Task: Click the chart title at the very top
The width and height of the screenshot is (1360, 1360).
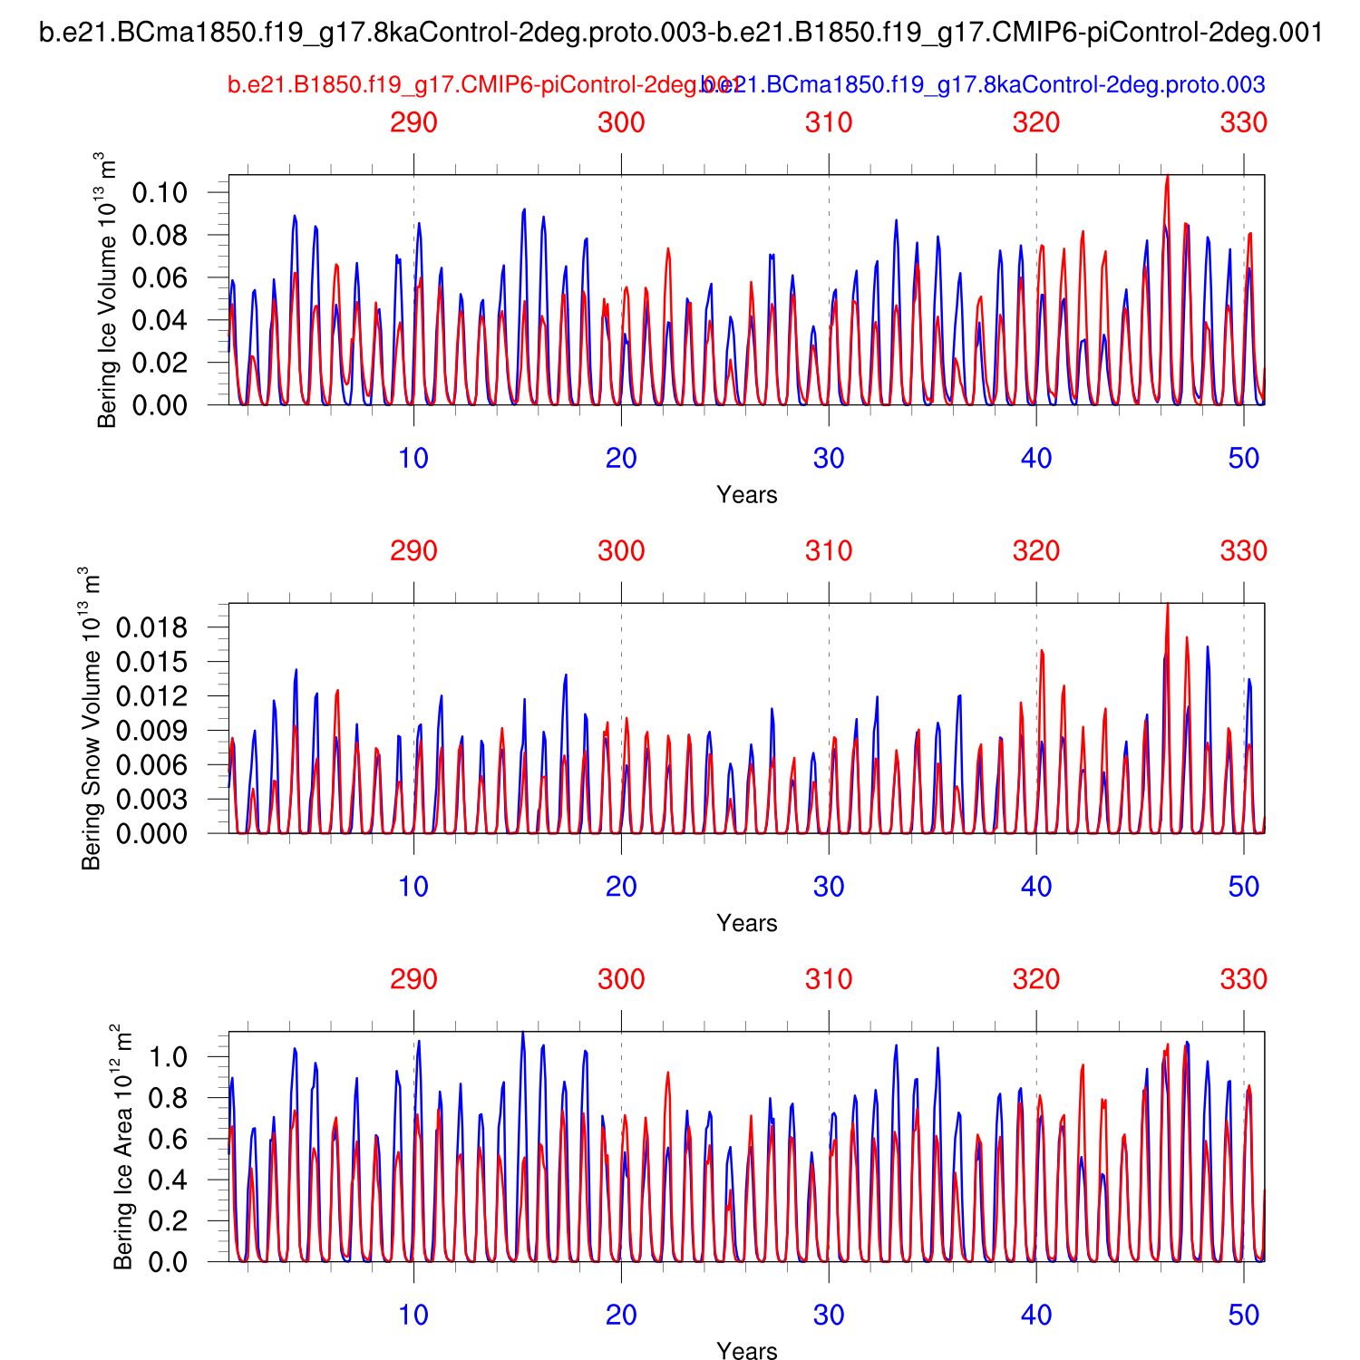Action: point(681,34)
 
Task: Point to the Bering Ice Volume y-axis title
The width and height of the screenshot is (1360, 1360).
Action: point(106,290)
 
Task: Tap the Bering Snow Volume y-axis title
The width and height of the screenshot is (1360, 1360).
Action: point(91,718)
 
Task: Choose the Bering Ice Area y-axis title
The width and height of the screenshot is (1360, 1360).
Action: point(122,1147)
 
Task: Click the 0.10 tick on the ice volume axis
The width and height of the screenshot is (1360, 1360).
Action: point(160,192)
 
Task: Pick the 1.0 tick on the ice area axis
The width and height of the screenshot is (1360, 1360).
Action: point(169,1056)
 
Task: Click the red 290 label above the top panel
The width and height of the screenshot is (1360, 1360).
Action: point(413,122)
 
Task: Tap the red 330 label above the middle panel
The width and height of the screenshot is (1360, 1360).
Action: point(1243,551)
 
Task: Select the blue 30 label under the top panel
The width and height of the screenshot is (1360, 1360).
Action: point(829,459)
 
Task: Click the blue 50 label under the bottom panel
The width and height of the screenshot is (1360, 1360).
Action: point(1244,1316)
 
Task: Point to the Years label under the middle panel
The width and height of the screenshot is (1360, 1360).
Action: point(746,923)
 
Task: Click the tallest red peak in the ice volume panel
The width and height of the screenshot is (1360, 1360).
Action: point(1167,177)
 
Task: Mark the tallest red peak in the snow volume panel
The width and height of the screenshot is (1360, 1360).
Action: point(1167,606)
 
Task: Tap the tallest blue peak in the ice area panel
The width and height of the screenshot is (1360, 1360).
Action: point(522,1033)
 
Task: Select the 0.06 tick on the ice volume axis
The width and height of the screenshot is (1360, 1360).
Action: point(160,277)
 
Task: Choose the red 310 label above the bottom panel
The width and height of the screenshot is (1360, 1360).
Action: point(829,979)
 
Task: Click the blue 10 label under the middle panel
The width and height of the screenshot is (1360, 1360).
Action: point(413,887)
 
